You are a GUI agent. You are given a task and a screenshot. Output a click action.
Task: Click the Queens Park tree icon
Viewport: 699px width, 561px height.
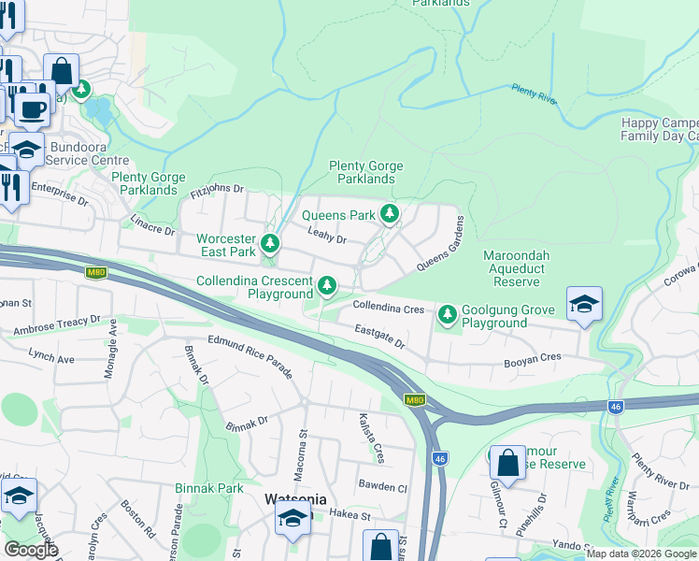click(x=390, y=215)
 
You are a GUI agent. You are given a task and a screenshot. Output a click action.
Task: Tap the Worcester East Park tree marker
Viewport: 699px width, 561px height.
click(x=270, y=245)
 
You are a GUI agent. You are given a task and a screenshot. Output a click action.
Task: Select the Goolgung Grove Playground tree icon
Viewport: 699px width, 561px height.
click(x=449, y=315)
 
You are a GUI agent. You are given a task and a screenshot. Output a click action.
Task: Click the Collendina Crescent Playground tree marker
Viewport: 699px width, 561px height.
click(x=326, y=285)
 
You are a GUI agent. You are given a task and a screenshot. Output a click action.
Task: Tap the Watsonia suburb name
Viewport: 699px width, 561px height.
click(x=295, y=498)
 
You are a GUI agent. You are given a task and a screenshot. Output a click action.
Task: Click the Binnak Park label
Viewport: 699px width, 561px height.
click(x=209, y=488)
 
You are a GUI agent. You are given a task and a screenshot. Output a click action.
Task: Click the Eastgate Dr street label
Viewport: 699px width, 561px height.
click(x=379, y=337)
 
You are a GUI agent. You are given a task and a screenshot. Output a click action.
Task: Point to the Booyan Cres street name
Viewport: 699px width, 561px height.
click(x=533, y=356)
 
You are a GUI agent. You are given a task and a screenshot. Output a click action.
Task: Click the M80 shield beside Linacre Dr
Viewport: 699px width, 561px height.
click(x=95, y=272)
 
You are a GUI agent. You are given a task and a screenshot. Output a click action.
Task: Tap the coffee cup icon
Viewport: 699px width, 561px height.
click(x=32, y=108)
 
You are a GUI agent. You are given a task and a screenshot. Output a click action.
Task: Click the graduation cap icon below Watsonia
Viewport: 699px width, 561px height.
click(x=292, y=520)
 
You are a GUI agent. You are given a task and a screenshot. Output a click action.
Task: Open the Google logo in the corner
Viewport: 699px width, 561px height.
click(x=31, y=550)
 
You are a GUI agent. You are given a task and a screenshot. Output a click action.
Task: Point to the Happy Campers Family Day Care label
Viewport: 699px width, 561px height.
click(x=660, y=129)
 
